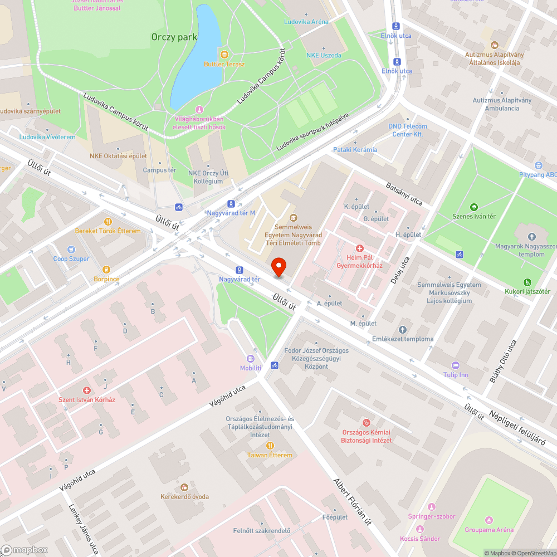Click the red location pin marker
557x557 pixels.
point(278,267)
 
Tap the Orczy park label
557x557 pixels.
point(174,37)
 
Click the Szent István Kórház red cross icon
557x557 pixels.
point(86,390)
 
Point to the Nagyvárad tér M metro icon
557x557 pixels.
point(231,204)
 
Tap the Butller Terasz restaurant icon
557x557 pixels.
point(224,54)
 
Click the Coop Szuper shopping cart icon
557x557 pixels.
point(71,250)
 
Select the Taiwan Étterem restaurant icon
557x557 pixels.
point(270,445)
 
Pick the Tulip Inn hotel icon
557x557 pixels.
point(455,365)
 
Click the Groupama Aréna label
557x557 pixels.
point(489,530)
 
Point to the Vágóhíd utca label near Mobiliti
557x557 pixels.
point(227,398)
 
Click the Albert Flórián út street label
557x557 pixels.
point(352,502)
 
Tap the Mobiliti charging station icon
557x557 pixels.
point(251,359)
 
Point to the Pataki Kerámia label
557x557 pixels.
point(355,150)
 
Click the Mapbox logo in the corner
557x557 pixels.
point(25,550)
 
